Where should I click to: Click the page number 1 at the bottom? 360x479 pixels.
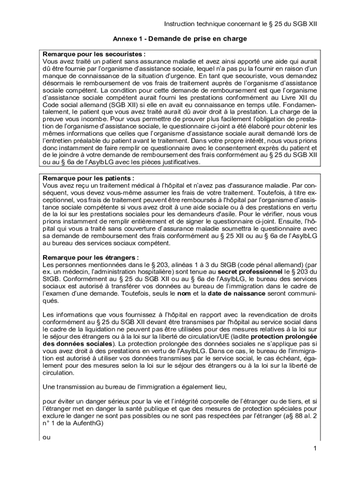click(x=316, y=449)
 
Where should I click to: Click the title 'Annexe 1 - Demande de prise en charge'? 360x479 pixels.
click(x=180, y=38)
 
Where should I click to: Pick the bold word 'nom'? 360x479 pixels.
click(x=184, y=293)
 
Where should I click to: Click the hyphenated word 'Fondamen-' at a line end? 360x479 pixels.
click(x=297, y=105)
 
